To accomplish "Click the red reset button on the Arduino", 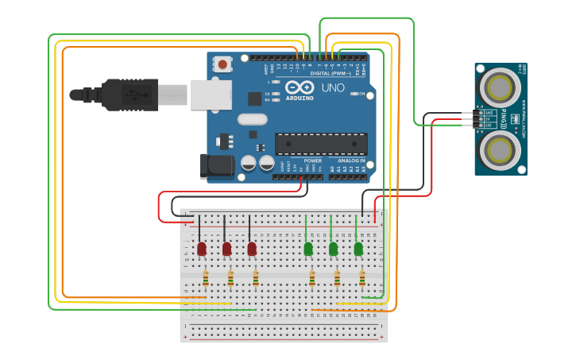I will (223, 64).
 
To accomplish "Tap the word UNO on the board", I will (333, 87).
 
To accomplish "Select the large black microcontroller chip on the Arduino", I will (321, 144).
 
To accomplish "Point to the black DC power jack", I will (216, 165).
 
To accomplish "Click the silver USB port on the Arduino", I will (211, 95).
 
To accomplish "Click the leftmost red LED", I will (202, 249).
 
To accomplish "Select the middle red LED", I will (227, 249).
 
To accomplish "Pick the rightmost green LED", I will (358, 249).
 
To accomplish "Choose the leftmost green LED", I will (308, 249).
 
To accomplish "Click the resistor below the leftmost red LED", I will (206, 278).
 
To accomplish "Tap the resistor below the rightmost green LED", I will (362, 278).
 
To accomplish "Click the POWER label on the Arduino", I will (291, 161).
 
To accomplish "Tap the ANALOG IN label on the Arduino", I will (348, 161).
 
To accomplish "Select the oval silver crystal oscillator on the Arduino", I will (253, 119).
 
